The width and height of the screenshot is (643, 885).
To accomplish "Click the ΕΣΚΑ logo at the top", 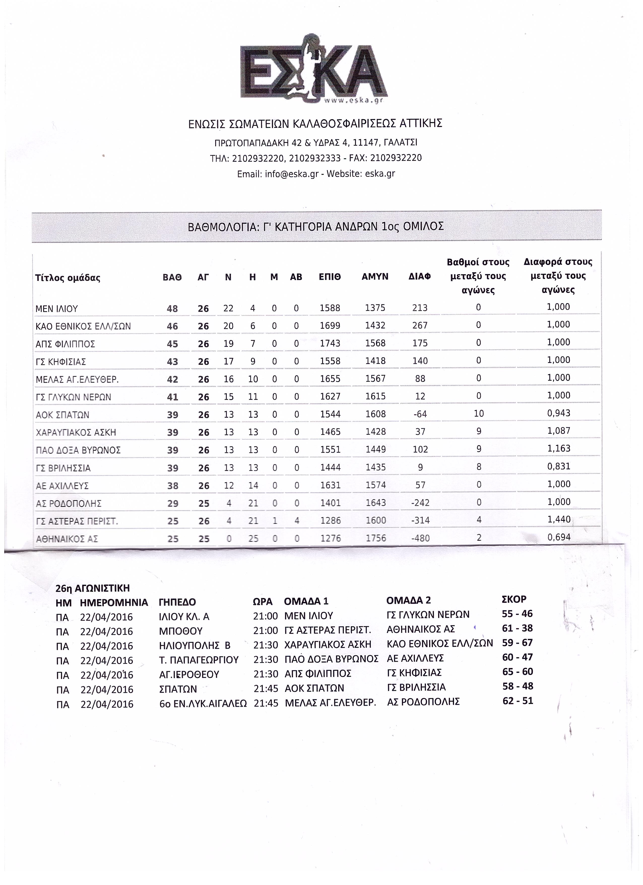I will tap(314, 70).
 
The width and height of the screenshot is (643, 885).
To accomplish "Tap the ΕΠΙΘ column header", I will tap(330, 277).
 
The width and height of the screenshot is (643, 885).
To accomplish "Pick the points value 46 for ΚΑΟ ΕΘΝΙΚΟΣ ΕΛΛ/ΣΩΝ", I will tap(172, 326).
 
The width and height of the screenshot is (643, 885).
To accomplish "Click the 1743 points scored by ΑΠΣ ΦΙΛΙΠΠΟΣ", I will tap(330, 343).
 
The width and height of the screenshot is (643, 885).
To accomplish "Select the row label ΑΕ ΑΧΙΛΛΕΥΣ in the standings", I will tap(62, 486).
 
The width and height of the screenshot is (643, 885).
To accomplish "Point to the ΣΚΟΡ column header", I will tap(514, 599).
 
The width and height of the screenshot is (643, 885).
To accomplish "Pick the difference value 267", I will tap(420, 326).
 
